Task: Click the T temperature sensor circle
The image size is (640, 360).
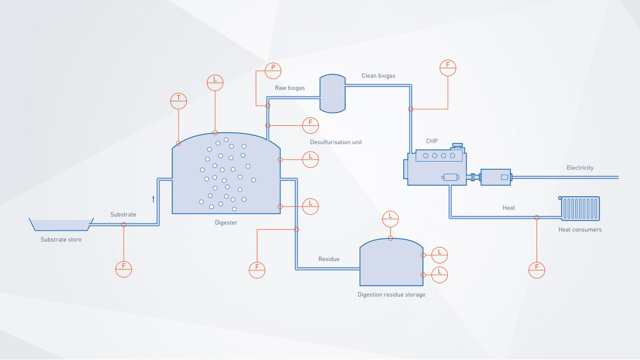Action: [x=179, y=100]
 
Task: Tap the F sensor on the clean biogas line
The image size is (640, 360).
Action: [x=448, y=68]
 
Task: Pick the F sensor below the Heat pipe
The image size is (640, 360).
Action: [x=537, y=270]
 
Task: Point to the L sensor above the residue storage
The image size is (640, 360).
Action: [x=391, y=218]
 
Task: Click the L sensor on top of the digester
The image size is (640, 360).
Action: [x=215, y=82]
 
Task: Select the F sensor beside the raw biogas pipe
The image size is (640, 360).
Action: [x=310, y=125]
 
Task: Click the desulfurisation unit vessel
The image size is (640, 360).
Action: [x=332, y=93]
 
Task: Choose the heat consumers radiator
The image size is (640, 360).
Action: [x=580, y=209]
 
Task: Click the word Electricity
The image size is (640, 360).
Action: [x=580, y=167]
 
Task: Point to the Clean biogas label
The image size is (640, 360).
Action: [x=378, y=76]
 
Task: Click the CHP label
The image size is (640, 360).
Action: [x=432, y=141]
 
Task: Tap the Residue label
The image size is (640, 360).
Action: [x=329, y=259]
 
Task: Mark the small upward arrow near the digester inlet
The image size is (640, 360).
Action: [x=154, y=199]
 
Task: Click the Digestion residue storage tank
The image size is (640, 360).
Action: [x=391, y=264]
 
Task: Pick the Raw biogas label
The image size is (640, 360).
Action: [x=290, y=87]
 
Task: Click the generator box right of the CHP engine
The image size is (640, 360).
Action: [x=496, y=177]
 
